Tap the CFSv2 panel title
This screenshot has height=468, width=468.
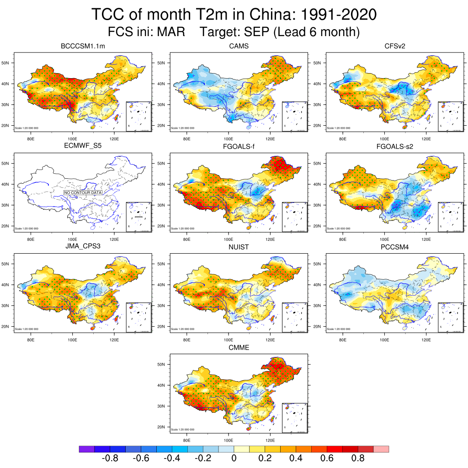point(394,46)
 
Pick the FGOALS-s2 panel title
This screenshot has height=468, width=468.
point(394,147)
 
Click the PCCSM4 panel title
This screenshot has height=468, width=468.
point(394,247)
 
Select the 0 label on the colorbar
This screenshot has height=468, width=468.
point(234,458)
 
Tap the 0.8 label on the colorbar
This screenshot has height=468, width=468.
point(357,458)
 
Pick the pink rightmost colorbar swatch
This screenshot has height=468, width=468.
point(381,449)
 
